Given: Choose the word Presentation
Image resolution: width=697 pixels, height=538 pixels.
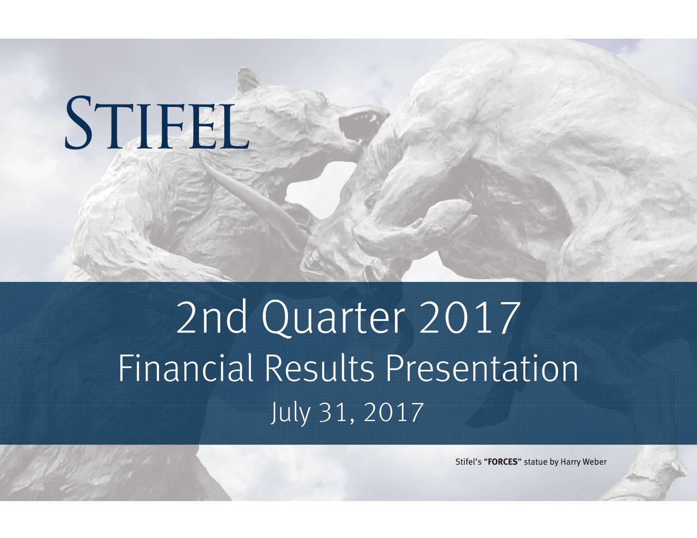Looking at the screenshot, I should tap(480, 371).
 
